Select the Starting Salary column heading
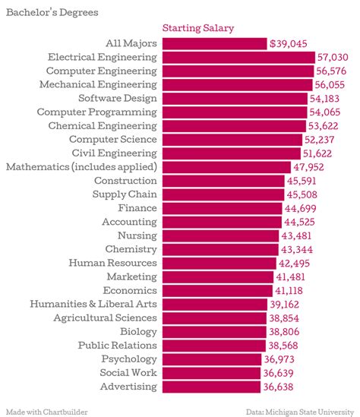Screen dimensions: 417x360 point(198,28)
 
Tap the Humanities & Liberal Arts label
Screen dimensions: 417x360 point(93,304)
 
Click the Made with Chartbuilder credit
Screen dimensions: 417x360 point(47,411)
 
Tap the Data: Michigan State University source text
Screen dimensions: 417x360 point(300,411)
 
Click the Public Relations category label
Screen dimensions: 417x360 point(118,346)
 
